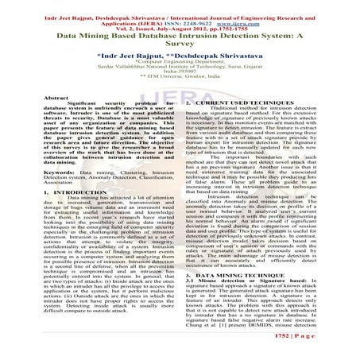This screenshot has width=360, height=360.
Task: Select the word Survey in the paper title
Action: click(x=180, y=46)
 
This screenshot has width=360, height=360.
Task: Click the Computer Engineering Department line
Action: click(x=180, y=67)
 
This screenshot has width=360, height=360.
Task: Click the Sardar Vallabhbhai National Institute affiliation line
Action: click(x=180, y=73)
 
